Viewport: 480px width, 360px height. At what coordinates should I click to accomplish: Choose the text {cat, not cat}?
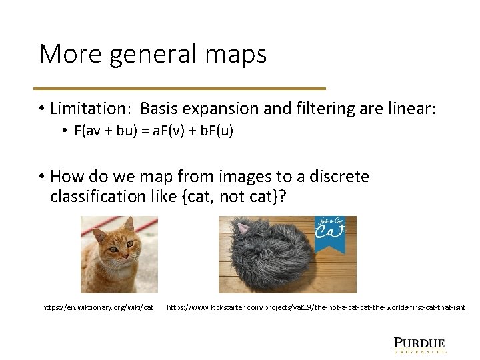pyautogui.click(x=227, y=197)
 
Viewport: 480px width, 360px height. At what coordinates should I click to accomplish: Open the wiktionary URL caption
pyautogui.click(x=98, y=307)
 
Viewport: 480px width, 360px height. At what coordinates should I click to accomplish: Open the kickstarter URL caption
pyautogui.click(x=316, y=307)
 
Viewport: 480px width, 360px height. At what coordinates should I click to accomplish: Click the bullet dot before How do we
pyautogui.click(x=41, y=177)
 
